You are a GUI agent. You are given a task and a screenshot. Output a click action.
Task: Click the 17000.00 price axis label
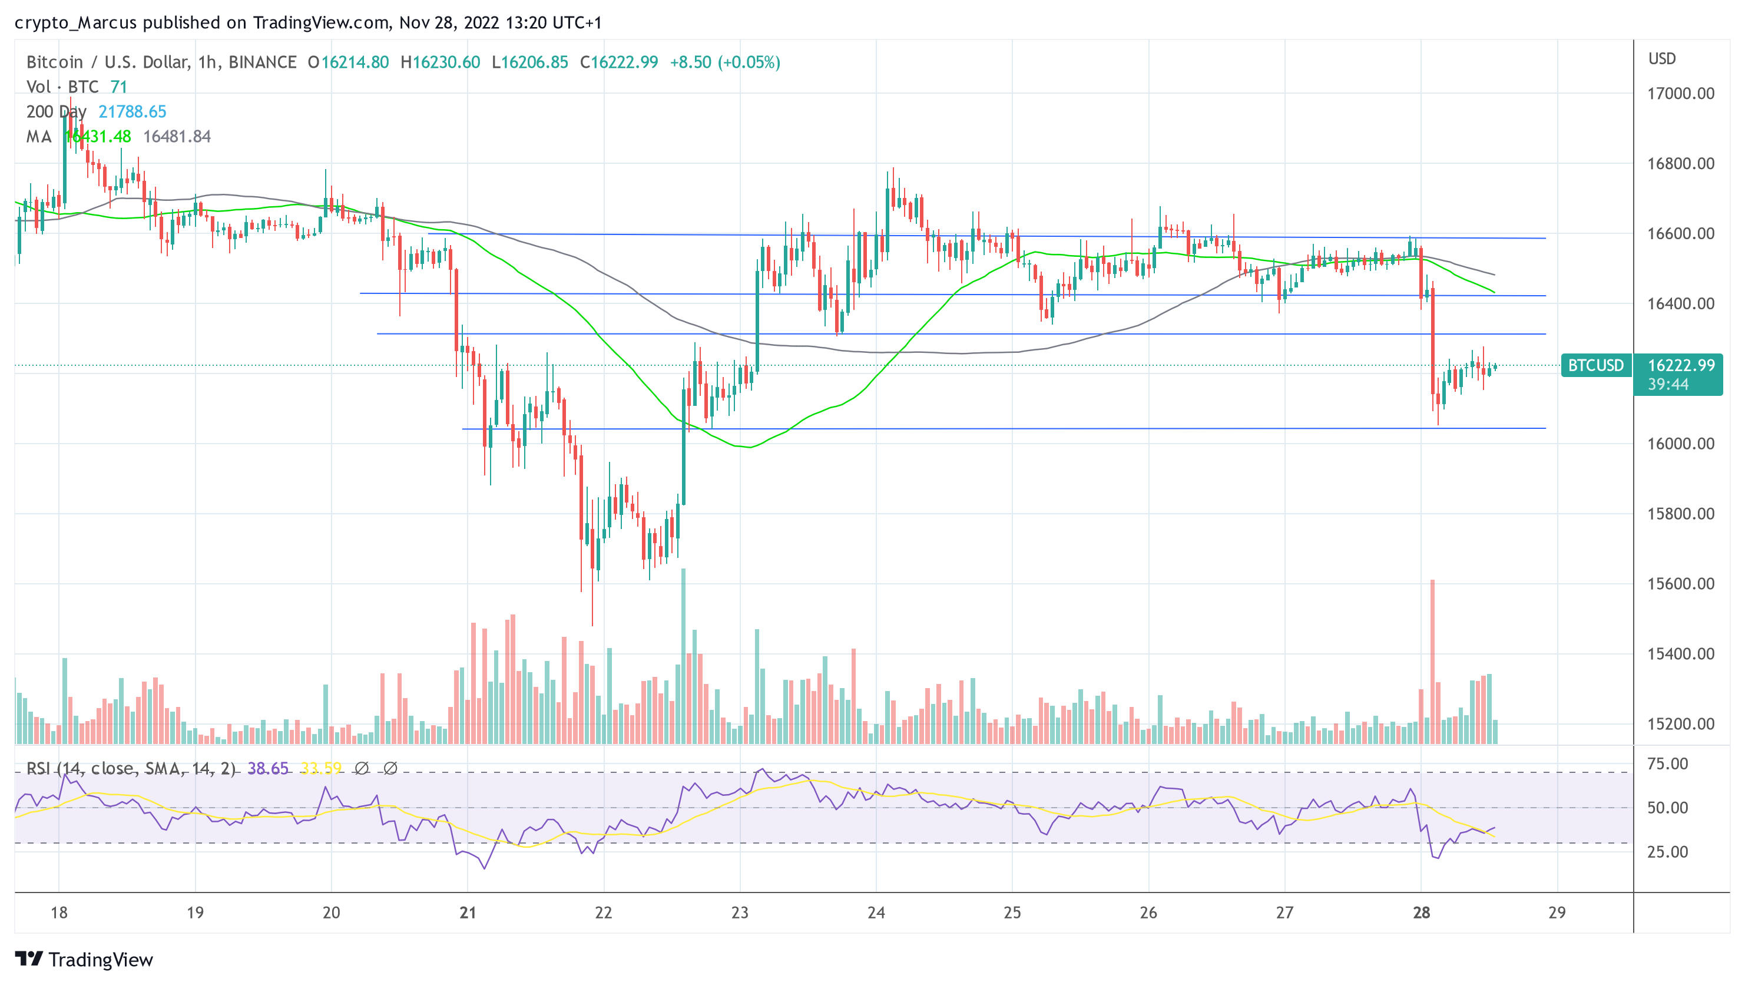[1681, 94]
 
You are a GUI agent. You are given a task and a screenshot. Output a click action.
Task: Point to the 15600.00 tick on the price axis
[1681, 584]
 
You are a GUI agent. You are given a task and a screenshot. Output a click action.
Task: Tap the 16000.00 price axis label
[1681, 444]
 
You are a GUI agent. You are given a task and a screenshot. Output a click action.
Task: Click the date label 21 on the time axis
[468, 913]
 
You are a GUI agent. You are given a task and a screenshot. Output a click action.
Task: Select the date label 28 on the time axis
[1421, 913]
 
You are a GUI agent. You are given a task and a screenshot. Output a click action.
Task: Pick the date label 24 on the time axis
[876, 913]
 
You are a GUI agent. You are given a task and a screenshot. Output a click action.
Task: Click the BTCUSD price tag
[1595, 366]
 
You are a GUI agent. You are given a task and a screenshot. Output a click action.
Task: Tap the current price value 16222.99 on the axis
[1681, 366]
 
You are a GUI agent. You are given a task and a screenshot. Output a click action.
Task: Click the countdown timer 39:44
[1668, 385]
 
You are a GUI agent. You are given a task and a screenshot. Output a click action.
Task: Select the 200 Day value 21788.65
[132, 112]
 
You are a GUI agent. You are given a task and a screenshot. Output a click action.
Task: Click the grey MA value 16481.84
[177, 137]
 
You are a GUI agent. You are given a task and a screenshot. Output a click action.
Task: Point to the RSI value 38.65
[267, 768]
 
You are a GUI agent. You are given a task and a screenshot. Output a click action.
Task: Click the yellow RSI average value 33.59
[321, 768]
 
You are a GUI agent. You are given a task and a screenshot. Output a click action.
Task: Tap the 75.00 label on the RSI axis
[1667, 763]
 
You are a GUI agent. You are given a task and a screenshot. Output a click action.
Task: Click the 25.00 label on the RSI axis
[1667, 851]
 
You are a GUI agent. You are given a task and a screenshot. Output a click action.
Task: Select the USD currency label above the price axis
[1662, 59]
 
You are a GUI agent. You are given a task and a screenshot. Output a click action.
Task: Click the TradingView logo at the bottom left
[84, 959]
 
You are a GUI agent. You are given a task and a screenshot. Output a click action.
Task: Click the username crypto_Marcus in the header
[76, 22]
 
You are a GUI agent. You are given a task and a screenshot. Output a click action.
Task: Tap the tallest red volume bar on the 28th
[1432, 664]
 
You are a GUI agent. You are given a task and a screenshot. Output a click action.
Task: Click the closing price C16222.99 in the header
[619, 62]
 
